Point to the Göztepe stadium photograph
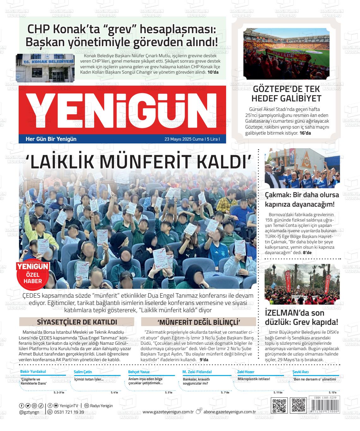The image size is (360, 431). point(286,54)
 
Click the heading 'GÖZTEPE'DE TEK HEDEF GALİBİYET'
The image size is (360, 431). point(286,94)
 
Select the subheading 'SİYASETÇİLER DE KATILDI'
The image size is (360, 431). point(77,322)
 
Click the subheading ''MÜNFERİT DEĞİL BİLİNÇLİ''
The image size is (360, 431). point(198,322)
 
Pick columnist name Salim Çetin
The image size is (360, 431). point(83,372)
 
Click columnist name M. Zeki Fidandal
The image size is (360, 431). point(197,372)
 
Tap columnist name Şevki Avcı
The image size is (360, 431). point(301,372)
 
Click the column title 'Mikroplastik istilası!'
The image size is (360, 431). point(254,379)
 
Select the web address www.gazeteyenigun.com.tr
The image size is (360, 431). point(168,412)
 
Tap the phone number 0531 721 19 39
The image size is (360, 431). point(69,412)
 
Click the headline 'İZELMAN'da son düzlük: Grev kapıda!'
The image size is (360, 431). point(301,317)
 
